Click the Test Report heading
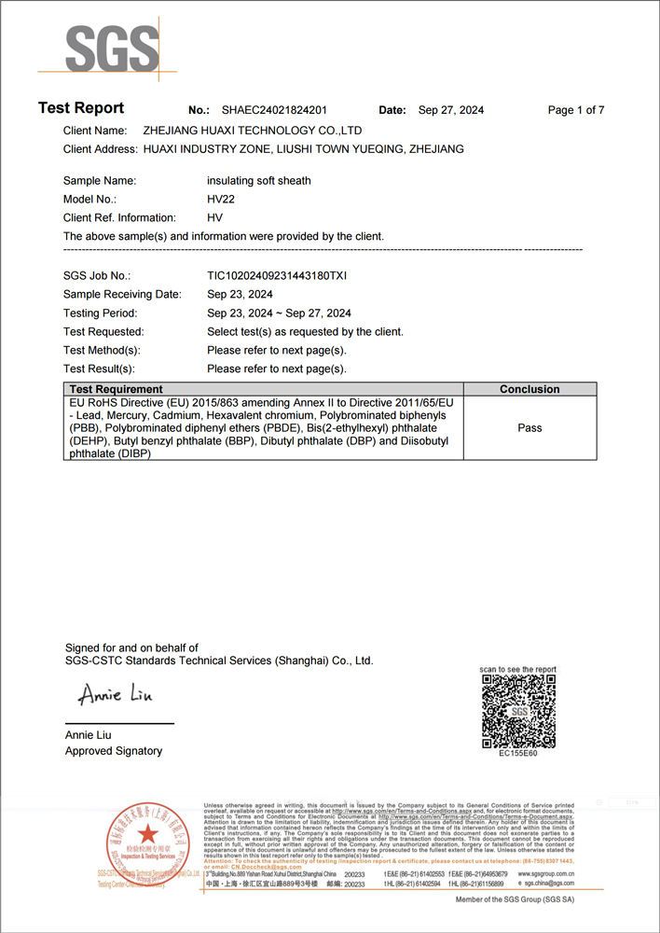pos(81,108)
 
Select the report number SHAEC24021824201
pos(274,110)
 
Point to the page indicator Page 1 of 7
pos(576,110)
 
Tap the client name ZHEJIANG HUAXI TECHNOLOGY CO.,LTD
pos(253,131)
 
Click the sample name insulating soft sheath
pos(259,181)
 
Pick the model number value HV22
pos(220,200)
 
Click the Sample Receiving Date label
pos(122,295)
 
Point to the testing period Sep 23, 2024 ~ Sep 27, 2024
pos(279,313)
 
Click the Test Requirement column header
pos(116,389)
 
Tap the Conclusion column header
pos(529,389)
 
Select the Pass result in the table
pos(529,428)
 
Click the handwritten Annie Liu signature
pos(114,696)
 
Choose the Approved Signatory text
pos(114,751)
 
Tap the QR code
pos(518,711)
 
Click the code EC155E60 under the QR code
pos(518,754)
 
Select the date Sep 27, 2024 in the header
pos(451,110)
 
